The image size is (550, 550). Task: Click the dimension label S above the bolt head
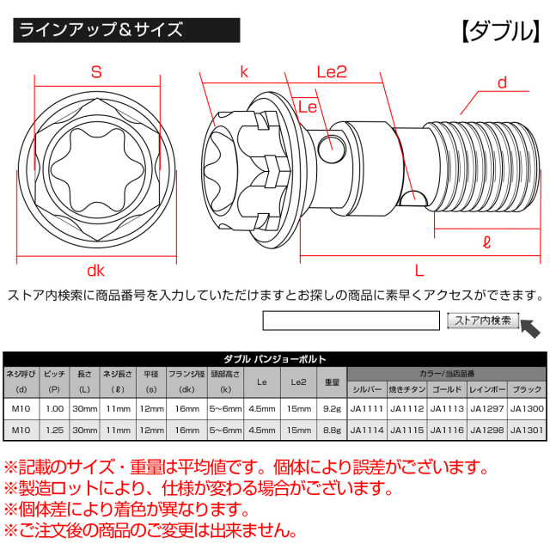point(96,74)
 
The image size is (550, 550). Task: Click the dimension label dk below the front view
point(95,270)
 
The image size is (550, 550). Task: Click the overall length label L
point(419,270)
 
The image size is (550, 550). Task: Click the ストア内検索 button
point(482,321)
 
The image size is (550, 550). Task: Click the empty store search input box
point(351,321)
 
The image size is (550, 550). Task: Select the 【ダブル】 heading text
point(498,30)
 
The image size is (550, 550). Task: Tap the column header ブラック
point(527,388)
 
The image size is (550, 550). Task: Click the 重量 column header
point(331,381)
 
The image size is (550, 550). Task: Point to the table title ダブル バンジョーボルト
point(275,359)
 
